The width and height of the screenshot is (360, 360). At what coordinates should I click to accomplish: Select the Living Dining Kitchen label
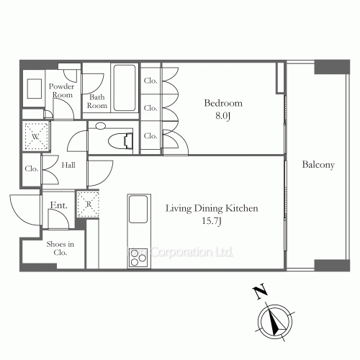tap(212, 210)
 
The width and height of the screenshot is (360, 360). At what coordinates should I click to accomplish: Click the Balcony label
tap(318, 166)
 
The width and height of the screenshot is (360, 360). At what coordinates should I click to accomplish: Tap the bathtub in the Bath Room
tap(125, 88)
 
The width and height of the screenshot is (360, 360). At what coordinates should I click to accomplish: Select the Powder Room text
tap(61, 91)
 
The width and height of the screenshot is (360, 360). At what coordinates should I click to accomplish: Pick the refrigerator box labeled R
tap(87, 204)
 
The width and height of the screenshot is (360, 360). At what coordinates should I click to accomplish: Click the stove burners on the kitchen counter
tap(138, 256)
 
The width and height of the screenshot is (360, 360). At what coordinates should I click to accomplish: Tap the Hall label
tap(68, 164)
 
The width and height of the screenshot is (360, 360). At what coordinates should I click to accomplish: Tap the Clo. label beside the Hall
tap(31, 169)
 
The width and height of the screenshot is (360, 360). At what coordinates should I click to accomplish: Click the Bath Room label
tap(97, 102)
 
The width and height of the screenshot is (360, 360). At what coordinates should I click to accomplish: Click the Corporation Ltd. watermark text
tap(191, 253)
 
